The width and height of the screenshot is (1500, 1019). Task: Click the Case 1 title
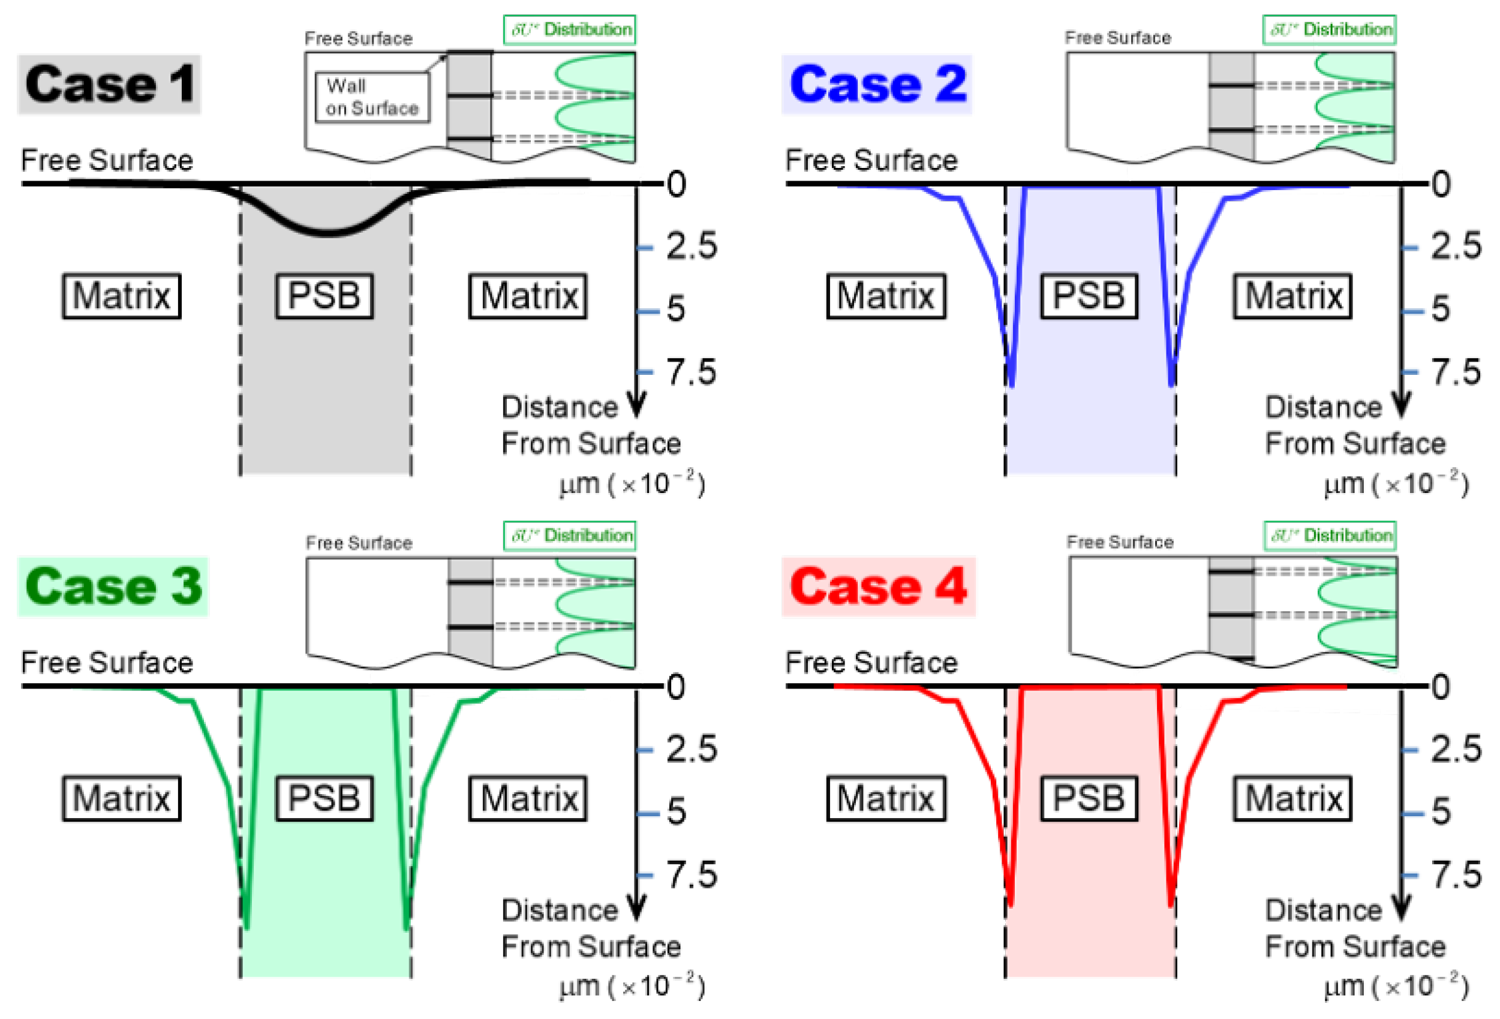(x=109, y=85)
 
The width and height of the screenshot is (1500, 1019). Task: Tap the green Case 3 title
(x=113, y=587)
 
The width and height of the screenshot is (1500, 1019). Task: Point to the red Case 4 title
(x=878, y=587)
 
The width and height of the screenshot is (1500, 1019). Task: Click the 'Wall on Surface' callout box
(x=372, y=97)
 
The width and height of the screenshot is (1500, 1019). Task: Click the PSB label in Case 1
(x=324, y=296)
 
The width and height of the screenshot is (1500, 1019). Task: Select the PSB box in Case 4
(x=1088, y=798)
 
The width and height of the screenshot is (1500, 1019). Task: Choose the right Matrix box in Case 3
(x=528, y=798)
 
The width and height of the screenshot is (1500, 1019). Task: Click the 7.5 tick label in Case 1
(x=690, y=372)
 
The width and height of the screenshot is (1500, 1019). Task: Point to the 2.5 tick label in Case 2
(x=1456, y=246)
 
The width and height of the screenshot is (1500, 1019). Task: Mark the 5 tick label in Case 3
(x=676, y=811)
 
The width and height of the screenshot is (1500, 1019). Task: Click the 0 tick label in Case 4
(x=1441, y=687)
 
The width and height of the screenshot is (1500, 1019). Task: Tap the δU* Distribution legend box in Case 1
(x=569, y=29)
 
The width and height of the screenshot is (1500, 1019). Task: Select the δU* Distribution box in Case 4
(x=1330, y=536)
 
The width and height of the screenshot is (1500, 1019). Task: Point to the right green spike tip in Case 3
(x=406, y=927)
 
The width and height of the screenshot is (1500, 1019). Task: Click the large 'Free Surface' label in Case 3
(x=107, y=663)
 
